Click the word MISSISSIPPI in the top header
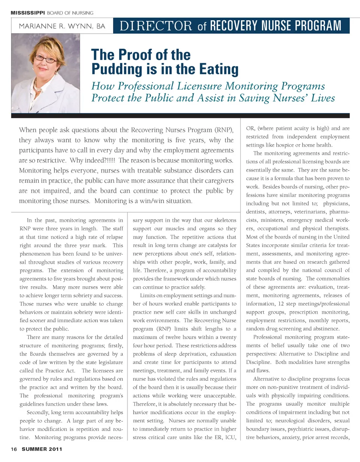click(28, 13)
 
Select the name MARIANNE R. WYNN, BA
click(62, 26)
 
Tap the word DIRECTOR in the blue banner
click(156, 26)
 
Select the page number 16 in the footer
click(14, 449)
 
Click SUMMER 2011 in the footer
click(42, 449)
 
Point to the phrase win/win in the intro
click(152, 201)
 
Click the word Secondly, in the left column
click(37, 412)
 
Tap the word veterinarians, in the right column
click(310, 212)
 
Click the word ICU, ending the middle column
click(230, 437)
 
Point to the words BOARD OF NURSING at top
click(70, 13)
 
